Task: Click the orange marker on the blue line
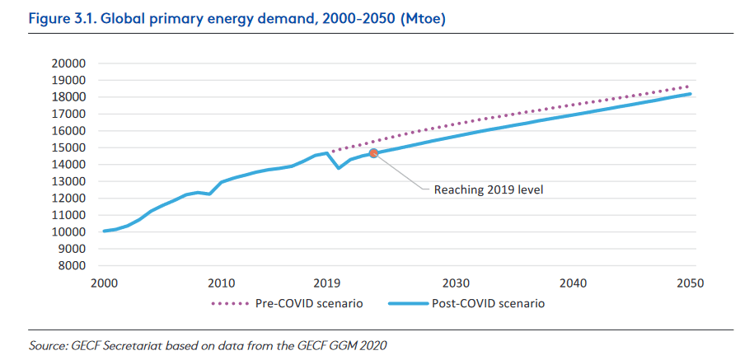[373, 153]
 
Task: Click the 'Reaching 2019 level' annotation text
[489, 189]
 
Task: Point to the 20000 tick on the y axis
[69, 63]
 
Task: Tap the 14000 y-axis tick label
[69, 165]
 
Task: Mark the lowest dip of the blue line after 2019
[339, 168]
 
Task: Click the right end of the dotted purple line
[690, 86]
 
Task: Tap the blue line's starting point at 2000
[104, 231]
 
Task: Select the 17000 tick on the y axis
[69, 114]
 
